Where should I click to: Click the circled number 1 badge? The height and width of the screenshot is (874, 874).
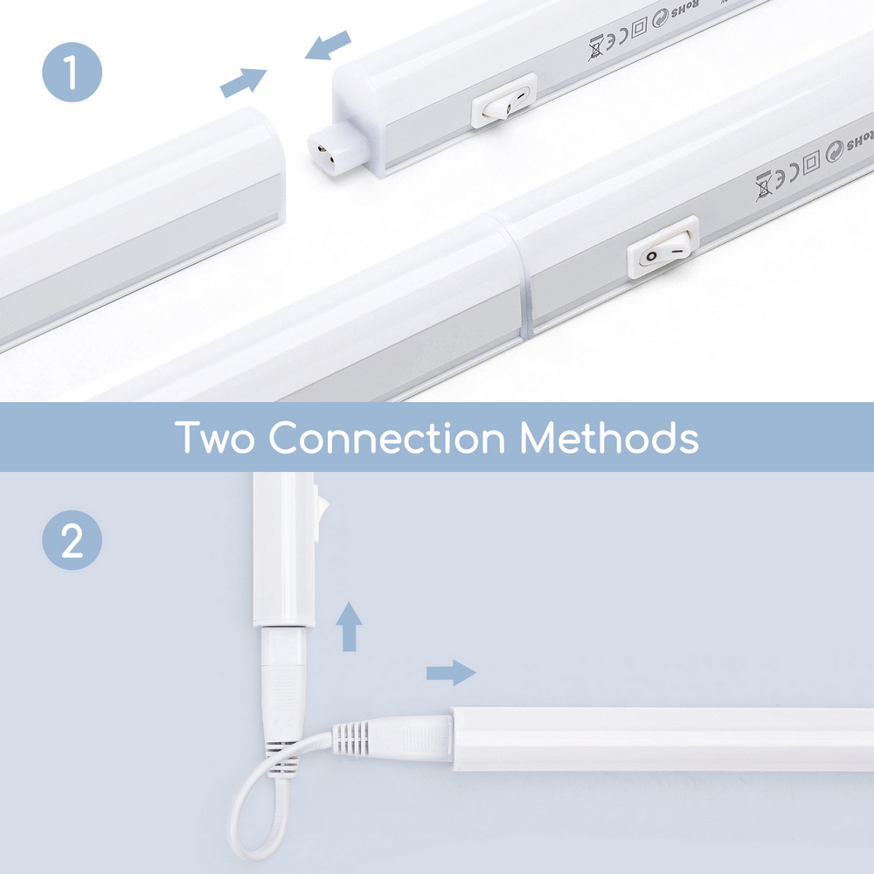point(73,73)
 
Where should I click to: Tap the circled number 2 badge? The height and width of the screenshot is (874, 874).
point(73,542)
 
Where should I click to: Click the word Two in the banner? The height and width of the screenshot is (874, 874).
point(215,437)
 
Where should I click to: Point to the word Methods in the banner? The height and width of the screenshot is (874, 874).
point(609,437)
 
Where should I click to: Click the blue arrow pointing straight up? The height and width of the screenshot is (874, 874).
point(350,626)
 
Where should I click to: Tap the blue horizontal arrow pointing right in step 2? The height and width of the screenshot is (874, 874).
point(451,672)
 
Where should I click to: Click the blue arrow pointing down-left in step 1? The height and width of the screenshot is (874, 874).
point(328,46)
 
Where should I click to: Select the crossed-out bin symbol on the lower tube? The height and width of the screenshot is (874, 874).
point(763,184)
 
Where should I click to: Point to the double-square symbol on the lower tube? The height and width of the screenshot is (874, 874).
point(812,162)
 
